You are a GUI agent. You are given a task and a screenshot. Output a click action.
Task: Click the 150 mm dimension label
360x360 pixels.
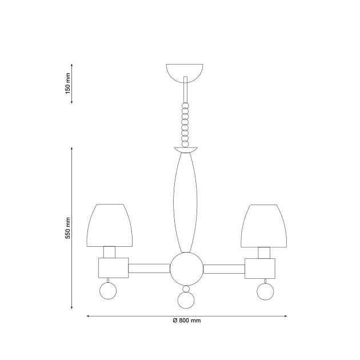click(68, 83)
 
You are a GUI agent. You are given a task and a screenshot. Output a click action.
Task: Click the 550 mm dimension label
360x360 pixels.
click(68, 228)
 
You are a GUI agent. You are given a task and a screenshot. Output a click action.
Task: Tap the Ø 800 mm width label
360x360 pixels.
click(187, 320)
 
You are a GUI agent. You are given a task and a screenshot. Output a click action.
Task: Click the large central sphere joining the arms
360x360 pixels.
click(186, 269)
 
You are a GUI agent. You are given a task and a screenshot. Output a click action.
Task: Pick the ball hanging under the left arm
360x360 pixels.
click(108, 291)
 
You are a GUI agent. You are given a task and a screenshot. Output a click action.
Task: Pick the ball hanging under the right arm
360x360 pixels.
click(265, 291)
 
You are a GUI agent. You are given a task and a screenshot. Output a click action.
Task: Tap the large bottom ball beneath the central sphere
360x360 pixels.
click(186, 301)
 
